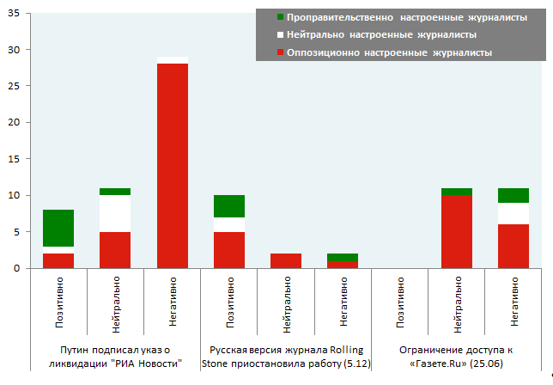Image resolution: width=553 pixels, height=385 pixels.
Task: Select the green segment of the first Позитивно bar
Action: [x=58, y=228]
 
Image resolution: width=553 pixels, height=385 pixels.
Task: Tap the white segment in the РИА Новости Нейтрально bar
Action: [x=116, y=213]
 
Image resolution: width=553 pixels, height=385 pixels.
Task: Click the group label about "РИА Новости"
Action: [x=116, y=357]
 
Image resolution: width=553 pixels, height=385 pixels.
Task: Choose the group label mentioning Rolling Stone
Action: [x=286, y=357]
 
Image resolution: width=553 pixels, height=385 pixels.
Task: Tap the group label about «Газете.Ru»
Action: [x=458, y=357]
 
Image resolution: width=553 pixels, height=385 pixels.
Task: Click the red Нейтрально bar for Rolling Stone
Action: [x=287, y=260]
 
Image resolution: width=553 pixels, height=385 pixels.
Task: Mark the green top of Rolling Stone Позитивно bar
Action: [x=229, y=205]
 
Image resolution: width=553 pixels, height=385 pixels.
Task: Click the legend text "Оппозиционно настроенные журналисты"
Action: [x=390, y=53]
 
